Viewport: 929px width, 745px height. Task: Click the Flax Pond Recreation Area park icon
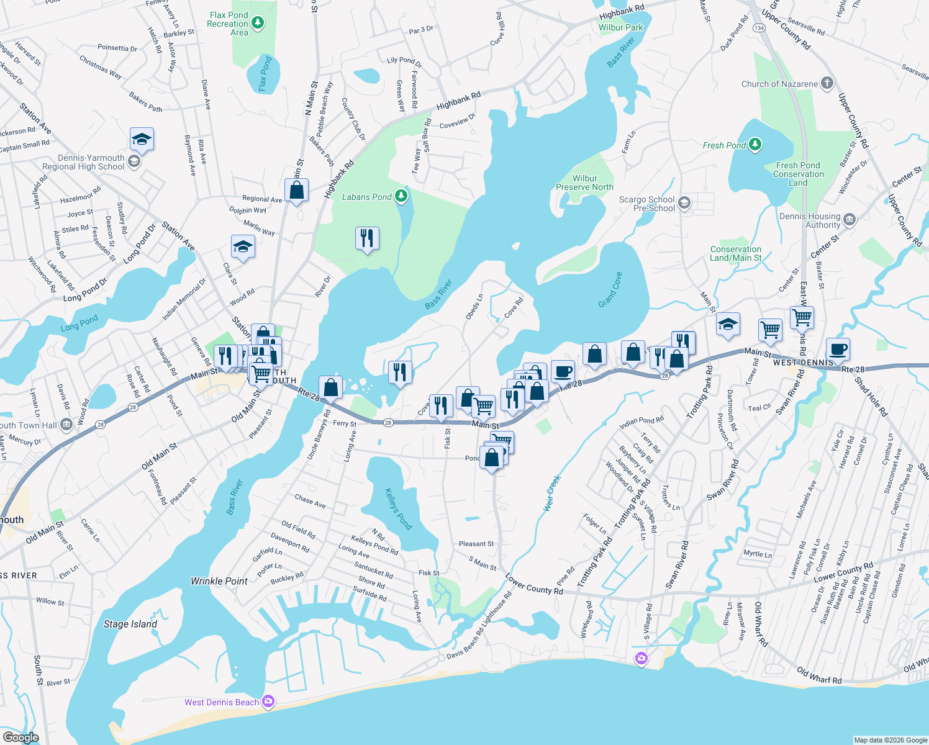pyautogui.click(x=258, y=24)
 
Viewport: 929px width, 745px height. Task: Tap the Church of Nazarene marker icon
pyautogui.click(x=827, y=83)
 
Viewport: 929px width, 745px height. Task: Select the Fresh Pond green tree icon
pyautogui.click(x=755, y=145)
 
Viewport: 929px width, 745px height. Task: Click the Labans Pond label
pyautogui.click(x=367, y=197)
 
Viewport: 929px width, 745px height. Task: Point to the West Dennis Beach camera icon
pyautogui.click(x=268, y=702)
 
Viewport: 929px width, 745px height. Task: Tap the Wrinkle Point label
pyautogui.click(x=219, y=581)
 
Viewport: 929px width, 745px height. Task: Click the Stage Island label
pyautogui.click(x=130, y=624)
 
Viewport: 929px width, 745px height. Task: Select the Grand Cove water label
pyautogui.click(x=610, y=290)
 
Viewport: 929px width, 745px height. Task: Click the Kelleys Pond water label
pyautogui.click(x=398, y=509)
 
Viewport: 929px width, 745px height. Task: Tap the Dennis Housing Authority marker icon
pyautogui.click(x=850, y=220)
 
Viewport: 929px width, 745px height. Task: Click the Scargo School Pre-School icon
pyautogui.click(x=684, y=203)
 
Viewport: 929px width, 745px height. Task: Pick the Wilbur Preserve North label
pyautogui.click(x=584, y=183)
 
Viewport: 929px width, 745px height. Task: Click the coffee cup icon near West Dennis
pyautogui.click(x=838, y=348)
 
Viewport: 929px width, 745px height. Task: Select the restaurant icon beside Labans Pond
pyautogui.click(x=367, y=238)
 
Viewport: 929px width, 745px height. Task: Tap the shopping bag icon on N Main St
pyautogui.click(x=296, y=190)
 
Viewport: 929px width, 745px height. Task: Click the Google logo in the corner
pyautogui.click(x=20, y=737)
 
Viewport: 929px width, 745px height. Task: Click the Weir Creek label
pyautogui.click(x=551, y=493)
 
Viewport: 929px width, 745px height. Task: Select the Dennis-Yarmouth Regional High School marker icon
pyautogui.click(x=134, y=162)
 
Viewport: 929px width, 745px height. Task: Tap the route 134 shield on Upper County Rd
pyautogui.click(x=758, y=28)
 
